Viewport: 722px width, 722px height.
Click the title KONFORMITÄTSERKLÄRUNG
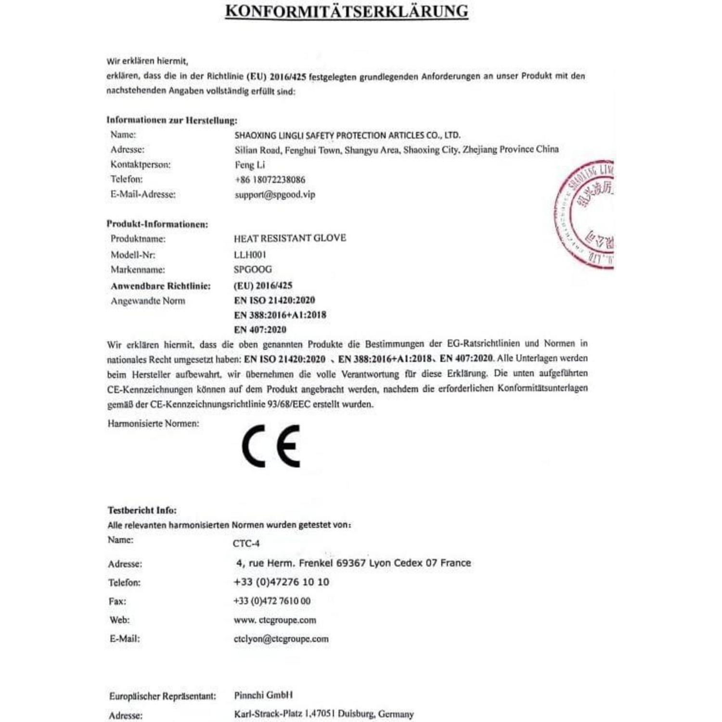[x=347, y=11]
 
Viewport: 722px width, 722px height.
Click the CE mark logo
[x=271, y=446]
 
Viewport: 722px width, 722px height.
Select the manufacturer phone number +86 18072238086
[x=270, y=180]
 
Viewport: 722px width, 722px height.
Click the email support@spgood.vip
[x=275, y=194]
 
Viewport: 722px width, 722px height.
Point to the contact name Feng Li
[x=249, y=165]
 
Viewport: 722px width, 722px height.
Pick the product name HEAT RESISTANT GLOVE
[x=290, y=238]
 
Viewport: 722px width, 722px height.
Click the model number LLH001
[x=250, y=254]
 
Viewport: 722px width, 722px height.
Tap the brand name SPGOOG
[x=253, y=269]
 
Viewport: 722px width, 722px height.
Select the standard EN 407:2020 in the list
[x=260, y=330]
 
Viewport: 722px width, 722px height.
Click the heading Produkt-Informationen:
[x=157, y=224]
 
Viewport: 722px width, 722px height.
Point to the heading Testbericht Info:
[x=142, y=510]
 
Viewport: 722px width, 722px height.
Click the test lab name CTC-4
[x=246, y=543]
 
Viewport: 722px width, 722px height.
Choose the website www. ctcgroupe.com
[x=275, y=620]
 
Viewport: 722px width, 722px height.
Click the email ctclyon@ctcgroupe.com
[x=281, y=639]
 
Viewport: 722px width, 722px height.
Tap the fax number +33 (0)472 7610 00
[x=272, y=601]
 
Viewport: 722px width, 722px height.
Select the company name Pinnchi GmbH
[x=263, y=695]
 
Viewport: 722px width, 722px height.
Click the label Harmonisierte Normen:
[x=153, y=424]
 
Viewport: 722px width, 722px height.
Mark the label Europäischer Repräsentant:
[x=162, y=696]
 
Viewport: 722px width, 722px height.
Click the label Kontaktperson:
[x=141, y=165]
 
